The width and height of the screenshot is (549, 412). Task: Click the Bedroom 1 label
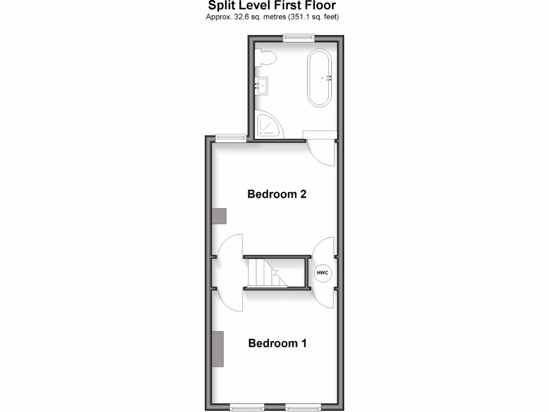277,343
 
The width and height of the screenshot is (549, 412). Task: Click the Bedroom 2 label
277,194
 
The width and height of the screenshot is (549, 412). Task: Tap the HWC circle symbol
323,273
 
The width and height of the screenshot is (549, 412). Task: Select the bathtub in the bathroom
320,78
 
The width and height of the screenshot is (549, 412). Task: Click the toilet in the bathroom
266,57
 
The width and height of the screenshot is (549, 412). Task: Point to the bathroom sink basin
262,86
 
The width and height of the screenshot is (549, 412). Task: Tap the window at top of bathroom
299,37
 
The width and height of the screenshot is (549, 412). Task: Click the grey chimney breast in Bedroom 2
219,216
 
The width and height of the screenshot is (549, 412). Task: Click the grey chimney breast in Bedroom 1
218,349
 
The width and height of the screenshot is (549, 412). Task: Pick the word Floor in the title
320,6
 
